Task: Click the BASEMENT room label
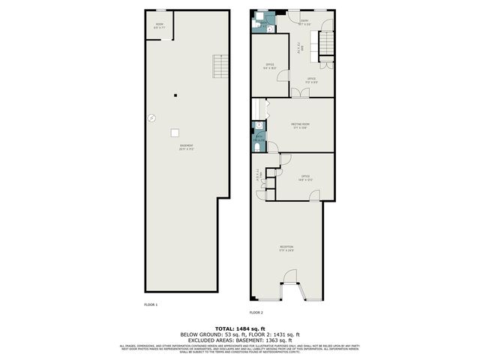(x=186, y=147)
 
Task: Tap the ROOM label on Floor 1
(x=159, y=25)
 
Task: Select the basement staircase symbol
(x=219, y=67)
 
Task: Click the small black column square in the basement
(x=175, y=94)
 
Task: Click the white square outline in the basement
(x=175, y=133)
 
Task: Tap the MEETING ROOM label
(x=301, y=125)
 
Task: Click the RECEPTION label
(x=286, y=247)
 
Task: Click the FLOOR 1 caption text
(x=151, y=304)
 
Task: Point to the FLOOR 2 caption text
(x=256, y=312)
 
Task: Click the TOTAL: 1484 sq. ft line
(x=239, y=328)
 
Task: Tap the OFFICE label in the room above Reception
(x=305, y=177)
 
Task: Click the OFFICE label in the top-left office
(x=270, y=65)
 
